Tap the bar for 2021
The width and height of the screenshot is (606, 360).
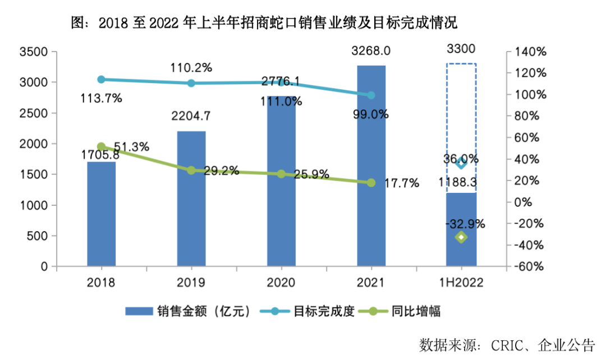tap(371, 168)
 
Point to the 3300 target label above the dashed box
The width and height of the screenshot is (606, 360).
tap(461, 49)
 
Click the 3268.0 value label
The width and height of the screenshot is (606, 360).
tap(371, 51)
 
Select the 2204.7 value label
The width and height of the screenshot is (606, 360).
tap(191, 117)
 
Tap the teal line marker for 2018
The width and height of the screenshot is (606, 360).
tap(102, 80)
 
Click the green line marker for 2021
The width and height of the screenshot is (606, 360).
tap(371, 183)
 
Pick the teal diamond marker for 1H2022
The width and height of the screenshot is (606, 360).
tap(461, 163)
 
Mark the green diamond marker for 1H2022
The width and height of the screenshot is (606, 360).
tap(461, 237)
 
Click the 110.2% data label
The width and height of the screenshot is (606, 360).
tap(191, 68)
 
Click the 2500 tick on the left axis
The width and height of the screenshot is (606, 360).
tap(35, 113)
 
